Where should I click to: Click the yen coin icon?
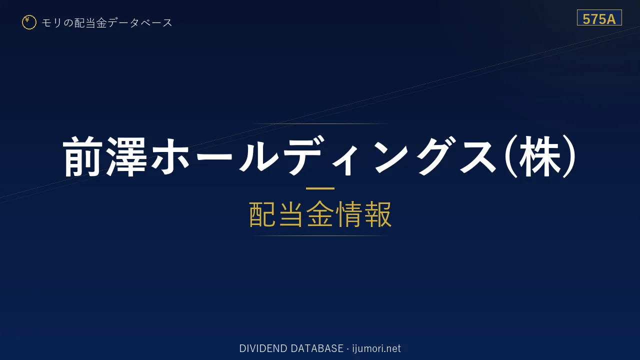pyautogui.click(x=29, y=22)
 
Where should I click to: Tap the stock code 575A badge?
pyautogui.click(x=599, y=17)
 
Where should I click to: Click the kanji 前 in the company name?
pyautogui.click(x=82, y=156)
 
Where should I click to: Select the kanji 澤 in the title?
pyautogui.click(x=126, y=156)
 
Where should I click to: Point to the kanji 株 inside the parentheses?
pyautogui.click(x=540, y=156)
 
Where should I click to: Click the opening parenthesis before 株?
pyautogui.click(x=511, y=156)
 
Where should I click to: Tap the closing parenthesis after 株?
pyautogui.click(x=569, y=156)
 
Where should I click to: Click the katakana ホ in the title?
pyautogui.click(x=170, y=156)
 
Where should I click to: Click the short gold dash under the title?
pyautogui.click(x=320, y=188)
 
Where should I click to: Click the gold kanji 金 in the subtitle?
pyautogui.click(x=320, y=214)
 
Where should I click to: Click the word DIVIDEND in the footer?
pyautogui.click(x=263, y=348)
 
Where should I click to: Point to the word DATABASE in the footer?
pyautogui.click(x=317, y=348)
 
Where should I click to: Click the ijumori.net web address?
pyautogui.click(x=376, y=348)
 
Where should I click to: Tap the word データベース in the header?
pyautogui.click(x=140, y=23)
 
